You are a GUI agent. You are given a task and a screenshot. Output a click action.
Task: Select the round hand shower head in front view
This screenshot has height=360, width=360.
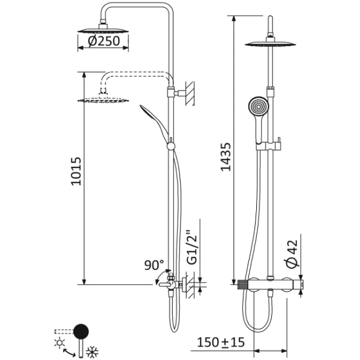tap(257, 107)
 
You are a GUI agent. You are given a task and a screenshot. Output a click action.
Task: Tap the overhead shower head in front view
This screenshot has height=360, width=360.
tap(273, 43)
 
